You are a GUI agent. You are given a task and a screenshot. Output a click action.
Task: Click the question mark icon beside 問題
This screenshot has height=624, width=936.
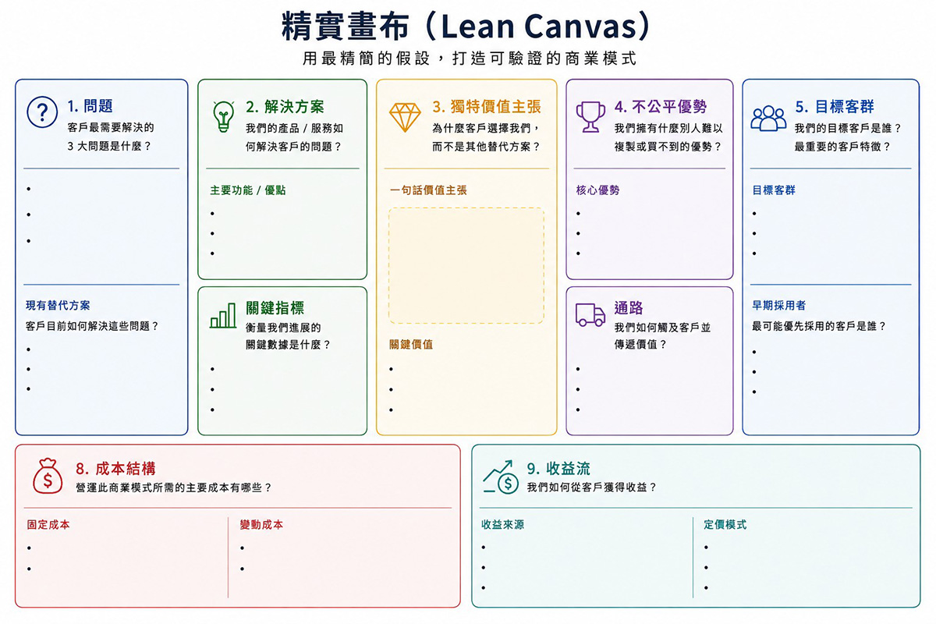[42, 112]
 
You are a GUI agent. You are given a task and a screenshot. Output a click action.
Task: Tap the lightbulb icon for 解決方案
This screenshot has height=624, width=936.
[223, 116]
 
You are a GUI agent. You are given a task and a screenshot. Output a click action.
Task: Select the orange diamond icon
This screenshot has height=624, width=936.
[405, 118]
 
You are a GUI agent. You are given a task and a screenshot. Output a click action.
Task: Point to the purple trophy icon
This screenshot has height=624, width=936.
[590, 117]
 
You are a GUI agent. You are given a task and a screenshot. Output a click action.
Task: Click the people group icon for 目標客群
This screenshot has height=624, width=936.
[768, 119]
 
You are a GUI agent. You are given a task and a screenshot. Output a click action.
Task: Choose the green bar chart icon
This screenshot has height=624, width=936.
[223, 316]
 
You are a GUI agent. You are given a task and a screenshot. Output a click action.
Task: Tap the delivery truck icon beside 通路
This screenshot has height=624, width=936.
[590, 314]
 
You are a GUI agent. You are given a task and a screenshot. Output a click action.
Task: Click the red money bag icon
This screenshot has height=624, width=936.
[48, 476]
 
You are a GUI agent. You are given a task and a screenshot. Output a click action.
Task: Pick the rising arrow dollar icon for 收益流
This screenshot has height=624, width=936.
[501, 477]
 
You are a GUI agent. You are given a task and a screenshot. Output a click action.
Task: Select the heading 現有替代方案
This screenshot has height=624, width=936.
[58, 306]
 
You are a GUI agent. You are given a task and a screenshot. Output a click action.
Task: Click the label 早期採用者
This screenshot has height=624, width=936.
[779, 306]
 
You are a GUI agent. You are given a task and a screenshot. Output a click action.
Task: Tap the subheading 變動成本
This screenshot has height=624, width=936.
[261, 525]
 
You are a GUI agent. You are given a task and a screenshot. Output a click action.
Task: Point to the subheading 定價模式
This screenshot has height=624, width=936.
[725, 525]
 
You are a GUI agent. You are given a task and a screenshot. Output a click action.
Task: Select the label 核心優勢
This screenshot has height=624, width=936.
[597, 190]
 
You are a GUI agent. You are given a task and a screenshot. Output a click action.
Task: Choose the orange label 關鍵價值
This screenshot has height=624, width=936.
[411, 345]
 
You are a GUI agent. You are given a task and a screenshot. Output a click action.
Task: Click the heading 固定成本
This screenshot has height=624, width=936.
[48, 525]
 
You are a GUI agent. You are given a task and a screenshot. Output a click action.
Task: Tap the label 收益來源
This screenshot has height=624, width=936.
[502, 525]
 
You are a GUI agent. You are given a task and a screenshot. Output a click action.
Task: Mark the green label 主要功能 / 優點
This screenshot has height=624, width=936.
[248, 190]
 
